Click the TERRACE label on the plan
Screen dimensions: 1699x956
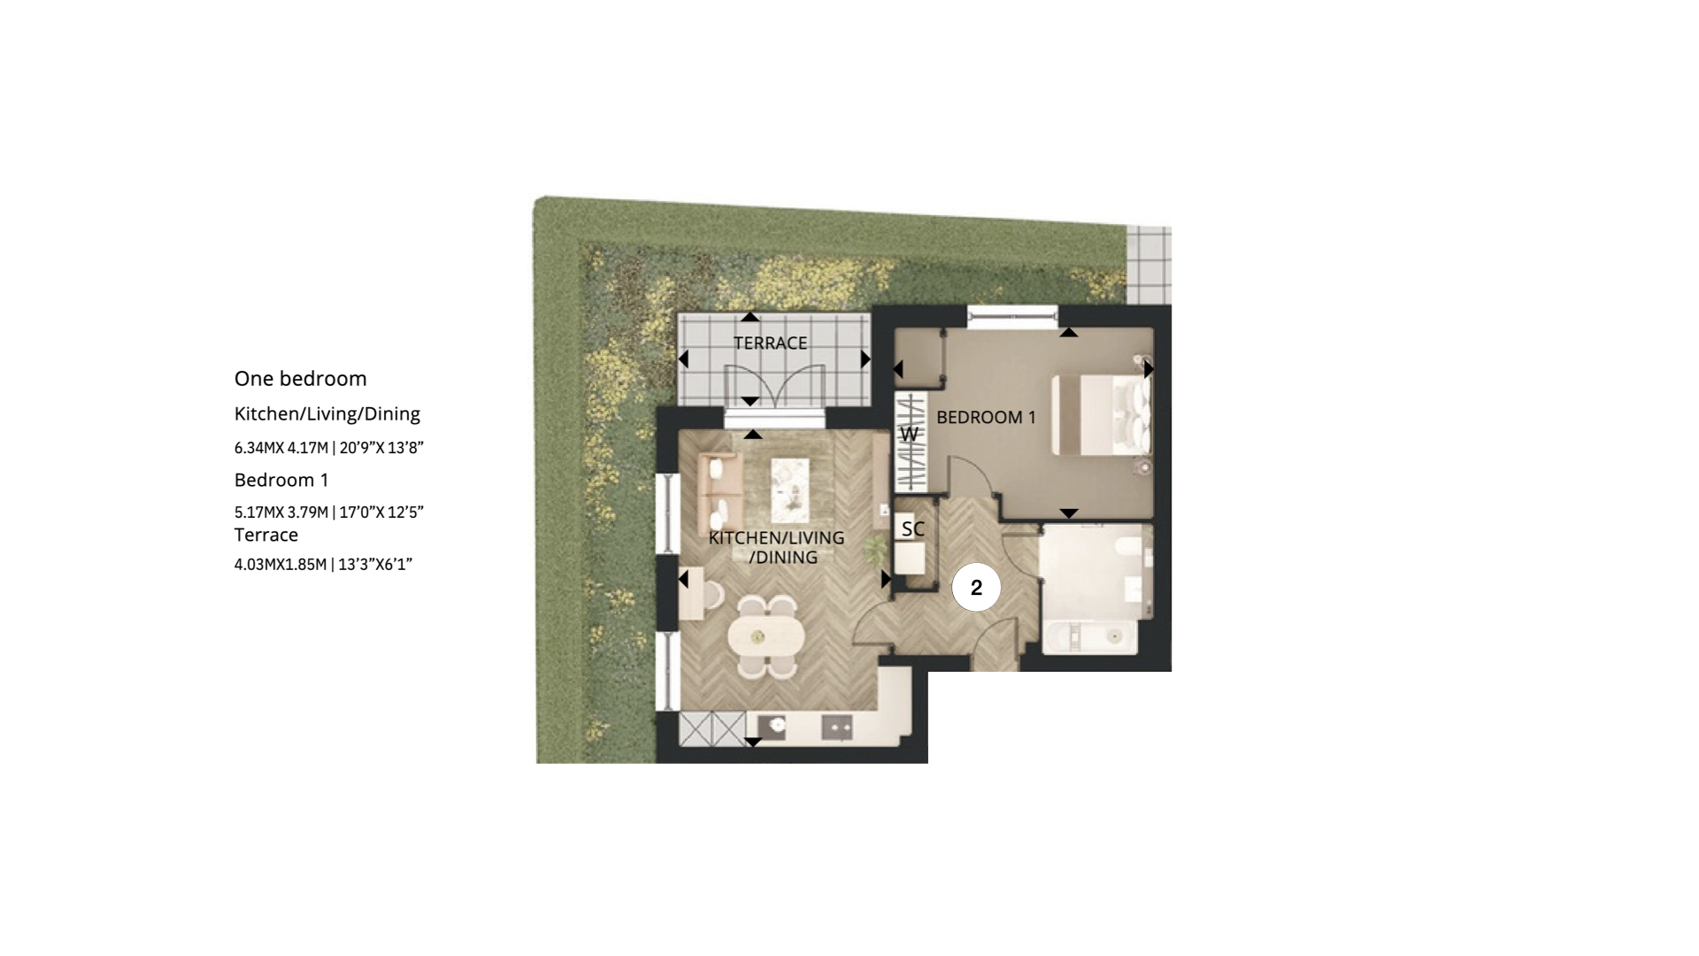(770, 343)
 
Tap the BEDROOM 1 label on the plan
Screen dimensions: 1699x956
(986, 418)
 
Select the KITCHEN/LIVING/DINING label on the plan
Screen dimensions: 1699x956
(776, 547)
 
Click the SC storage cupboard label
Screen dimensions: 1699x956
(912, 529)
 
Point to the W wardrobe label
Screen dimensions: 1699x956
(909, 435)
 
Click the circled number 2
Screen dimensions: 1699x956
(976, 588)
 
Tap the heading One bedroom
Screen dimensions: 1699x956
(300, 379)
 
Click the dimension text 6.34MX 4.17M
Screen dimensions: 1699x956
(281, 448)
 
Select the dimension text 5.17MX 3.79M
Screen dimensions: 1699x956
(281, 513)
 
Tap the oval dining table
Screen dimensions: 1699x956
(766, 636)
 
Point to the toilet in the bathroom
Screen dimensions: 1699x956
(1132, 549)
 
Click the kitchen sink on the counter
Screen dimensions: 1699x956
(776, 727)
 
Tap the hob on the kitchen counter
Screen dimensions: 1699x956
(836, 727)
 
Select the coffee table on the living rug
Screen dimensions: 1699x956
(789, 490)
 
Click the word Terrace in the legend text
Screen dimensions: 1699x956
(266, 536)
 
